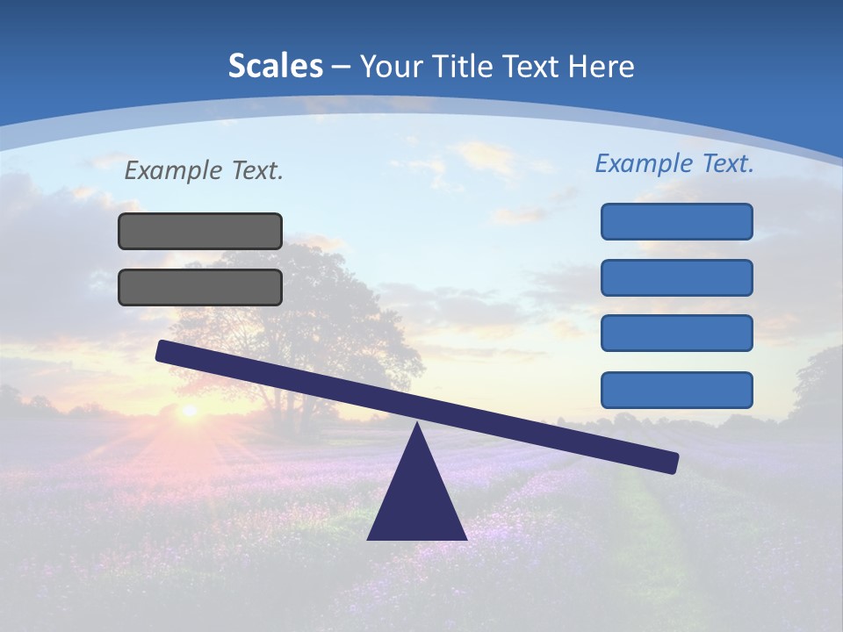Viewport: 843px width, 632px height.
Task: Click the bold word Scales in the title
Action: pyautogui.click(x=275, y=66)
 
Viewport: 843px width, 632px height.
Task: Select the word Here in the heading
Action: pyautogui.click(x=601, y=66)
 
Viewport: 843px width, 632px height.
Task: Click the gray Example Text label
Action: pyautogui.click(x=204, y=170)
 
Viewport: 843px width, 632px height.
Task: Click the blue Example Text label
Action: pyautogui.click(x=674, y=163)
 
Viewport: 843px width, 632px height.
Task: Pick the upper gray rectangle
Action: pyautogui.click(x=200, y=231)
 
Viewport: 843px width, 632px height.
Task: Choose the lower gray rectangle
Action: pyautogui.click(x=200, y=287)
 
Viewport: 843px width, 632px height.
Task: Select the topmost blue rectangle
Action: pyautogui.click(x=676, y=221)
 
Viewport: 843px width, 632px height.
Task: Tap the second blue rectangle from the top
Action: pyautogui.click(x=676, y=277)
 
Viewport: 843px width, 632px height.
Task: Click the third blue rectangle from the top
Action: pyautogui.click(x=676, y=334)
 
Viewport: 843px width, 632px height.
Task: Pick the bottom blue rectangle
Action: pyautogui.click(x=676, y=390)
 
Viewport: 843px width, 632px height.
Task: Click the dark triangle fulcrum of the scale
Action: pyautogui.click(x=417, y=500)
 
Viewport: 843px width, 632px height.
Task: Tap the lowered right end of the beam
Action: pyautogui.click(x=669, y=462)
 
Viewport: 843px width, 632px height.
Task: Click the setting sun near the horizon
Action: pyautogui.click(x=188, y=409)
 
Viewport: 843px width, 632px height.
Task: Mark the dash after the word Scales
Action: pyautogui.click(x=341, y=67)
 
